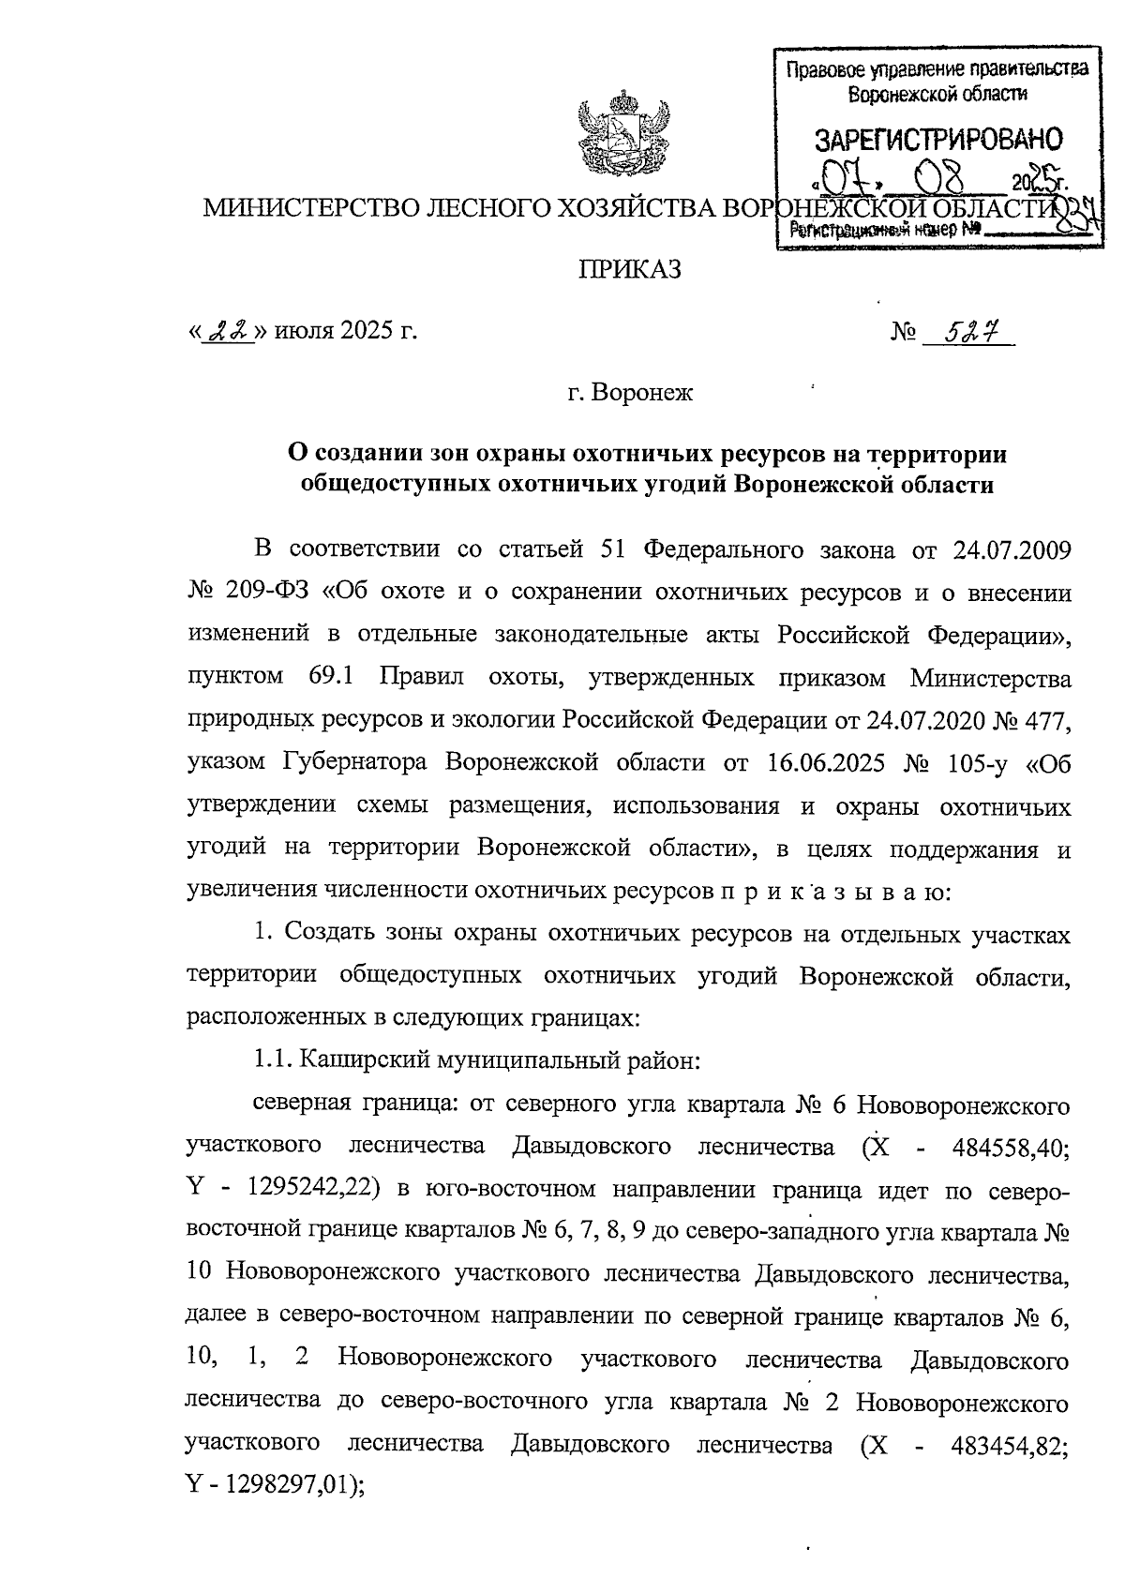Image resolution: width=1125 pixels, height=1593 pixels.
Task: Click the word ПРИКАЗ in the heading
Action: [x=627, y=271]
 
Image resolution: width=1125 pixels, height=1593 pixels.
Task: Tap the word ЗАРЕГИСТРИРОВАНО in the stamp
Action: [x=937, y=140]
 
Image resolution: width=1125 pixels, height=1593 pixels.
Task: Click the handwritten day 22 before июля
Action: [x=228, y=332]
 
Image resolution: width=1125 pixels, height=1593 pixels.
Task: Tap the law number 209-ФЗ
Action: [x=272, y=592]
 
